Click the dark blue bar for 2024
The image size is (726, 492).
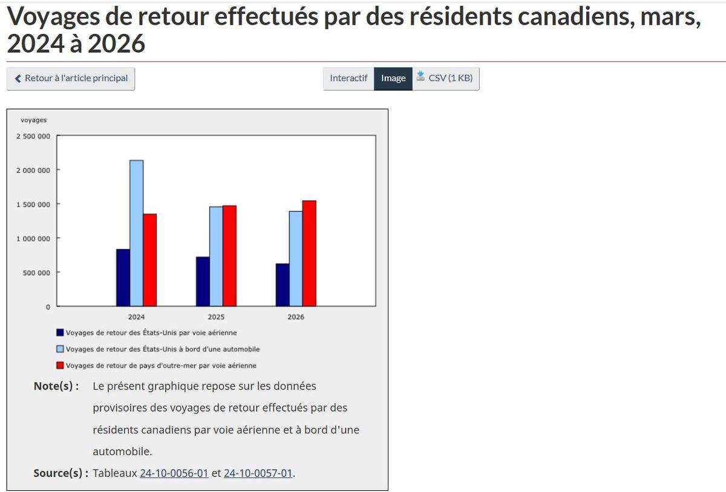click(x=123, y=277)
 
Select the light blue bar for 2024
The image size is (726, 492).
click(x=136, y=233)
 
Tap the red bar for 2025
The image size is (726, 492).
click(x=229, y=256)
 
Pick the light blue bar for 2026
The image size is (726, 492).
click(x=296, y=259)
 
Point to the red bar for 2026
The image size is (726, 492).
click(x=309, y=253)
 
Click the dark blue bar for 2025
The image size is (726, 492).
click(x=203, y=282)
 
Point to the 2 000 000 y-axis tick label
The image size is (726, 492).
click(x=33, y=170)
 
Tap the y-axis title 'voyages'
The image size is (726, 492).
click(x=33, y=120)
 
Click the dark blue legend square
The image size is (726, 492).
click(x=60, y=332)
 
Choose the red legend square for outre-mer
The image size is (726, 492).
click(x=60, y=365)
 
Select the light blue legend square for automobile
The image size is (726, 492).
click(x=60, y=349)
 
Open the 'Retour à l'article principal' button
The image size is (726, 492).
click(x=71, y=79)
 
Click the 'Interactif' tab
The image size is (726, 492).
click(x=348, y=79)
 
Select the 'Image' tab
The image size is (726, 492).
click(x=393, y=79)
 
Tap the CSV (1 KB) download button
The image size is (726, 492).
click(x=446, y=79)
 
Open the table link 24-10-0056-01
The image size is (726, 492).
click(x=174, y=473)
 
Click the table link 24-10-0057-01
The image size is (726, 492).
click(x=258, y=473)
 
